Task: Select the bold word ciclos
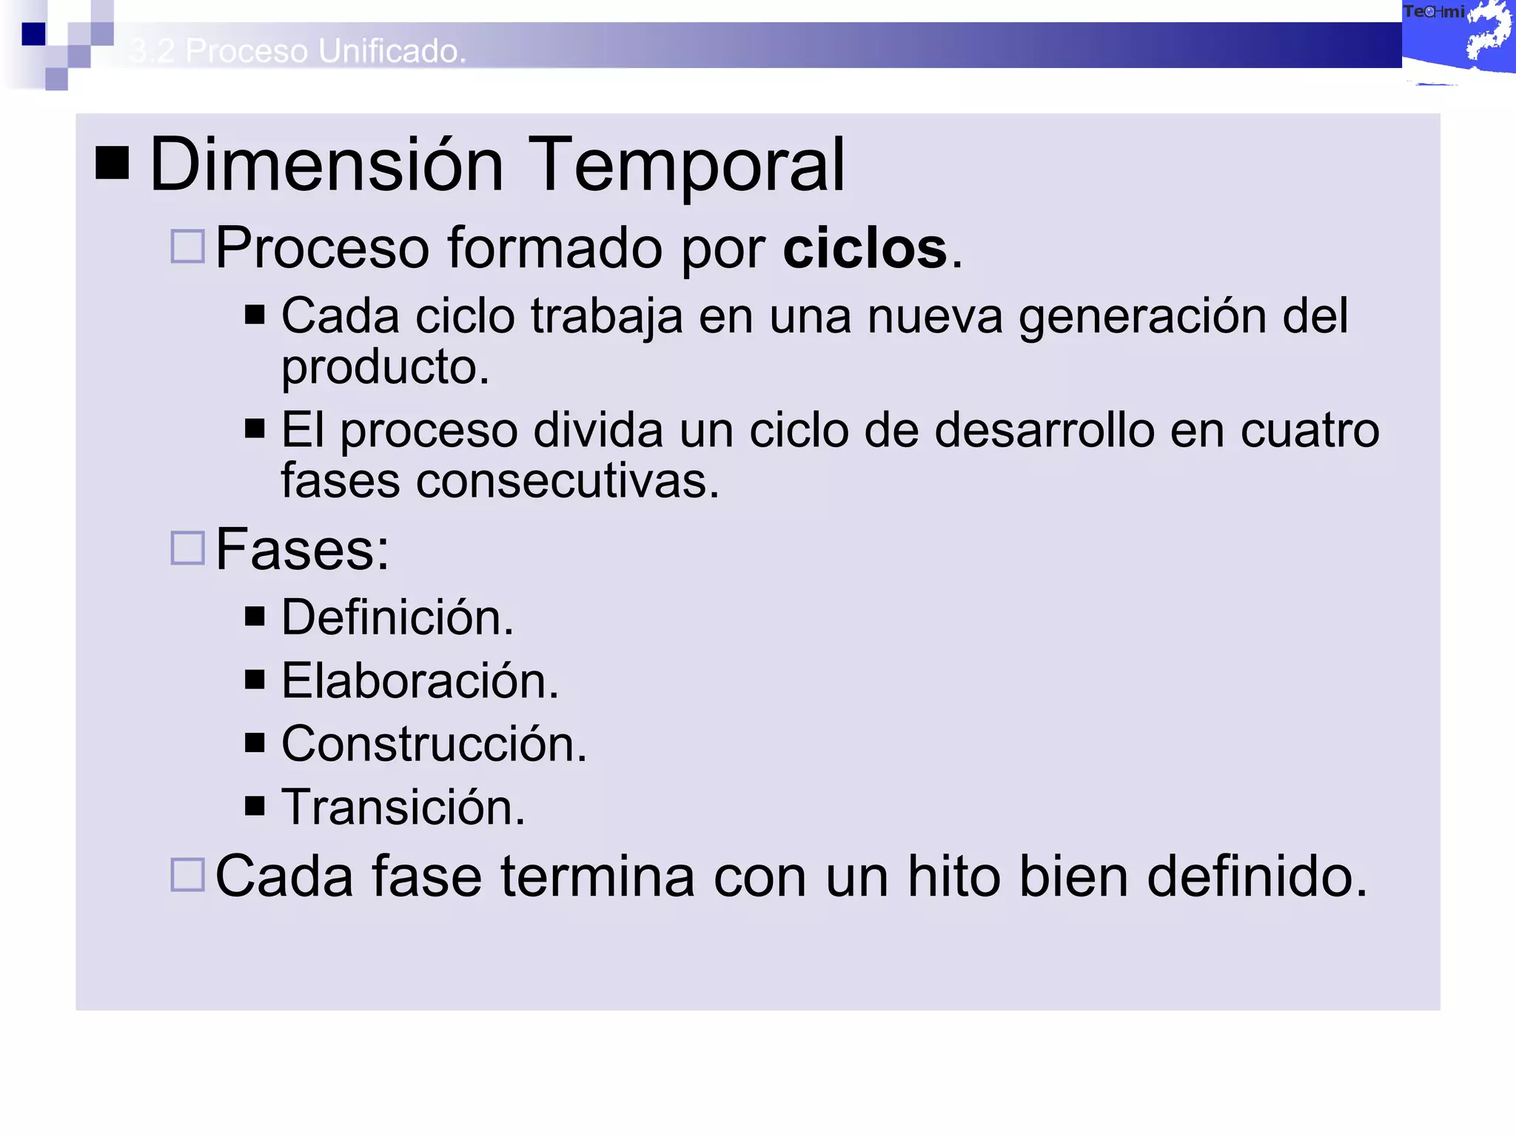[x=865, y=248]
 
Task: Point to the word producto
[x=385, y=367]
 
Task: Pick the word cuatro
[x=1309, y=430]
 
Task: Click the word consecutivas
[x=567, y=481]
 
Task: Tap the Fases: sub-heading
[x=302, y=549]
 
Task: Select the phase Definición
[x=397, y=617]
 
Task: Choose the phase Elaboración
[x=420, y=681]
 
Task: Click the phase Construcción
[x=434, y=744]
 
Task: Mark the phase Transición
[x=403, y=807]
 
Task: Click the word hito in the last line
[x=954, y=876]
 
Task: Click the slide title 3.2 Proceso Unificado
[x=298, y=51]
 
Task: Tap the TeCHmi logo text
[x=1434, y=12]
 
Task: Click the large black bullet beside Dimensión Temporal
[x=113, y=164]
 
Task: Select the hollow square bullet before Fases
[x=187, y=549]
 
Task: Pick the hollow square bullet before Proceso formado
[x=187, y=246]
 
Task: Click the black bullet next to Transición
[x=255, y=805]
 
